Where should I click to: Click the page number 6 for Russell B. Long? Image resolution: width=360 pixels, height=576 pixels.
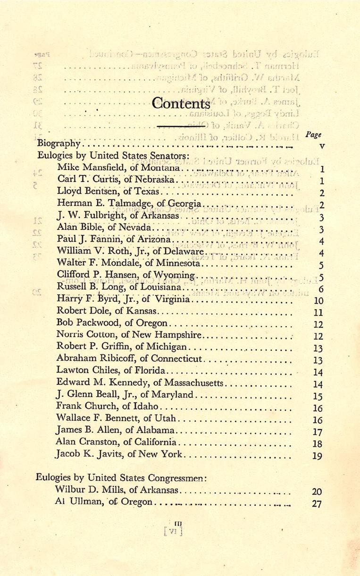[321, 289]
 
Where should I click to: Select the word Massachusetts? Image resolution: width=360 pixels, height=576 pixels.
[198, 381]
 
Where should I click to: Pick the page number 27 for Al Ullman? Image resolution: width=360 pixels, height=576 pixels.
[317, 503]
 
